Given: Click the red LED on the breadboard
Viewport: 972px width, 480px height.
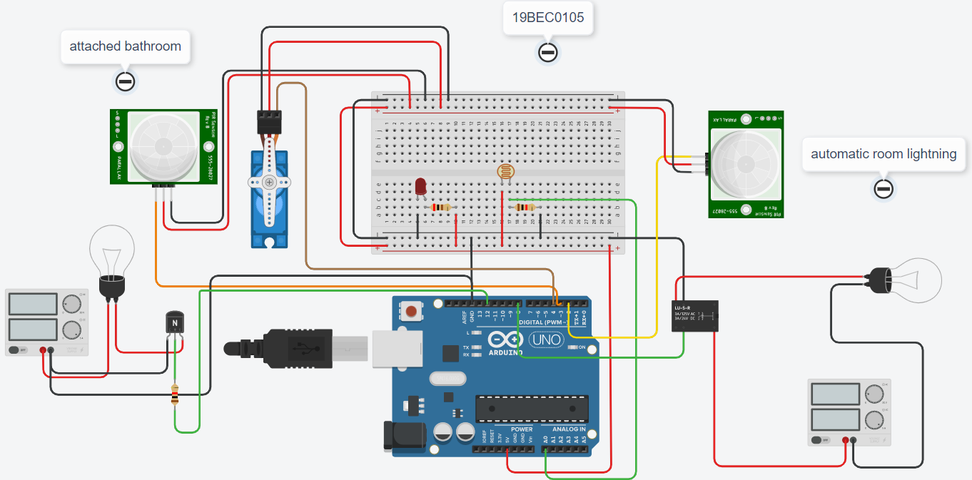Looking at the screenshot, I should (420, 187).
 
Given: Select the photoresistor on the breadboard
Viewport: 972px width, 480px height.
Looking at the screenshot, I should (504, 171).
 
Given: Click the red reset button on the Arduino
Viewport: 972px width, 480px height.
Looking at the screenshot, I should (412, 311).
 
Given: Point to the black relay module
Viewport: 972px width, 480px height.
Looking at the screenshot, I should (694, 315).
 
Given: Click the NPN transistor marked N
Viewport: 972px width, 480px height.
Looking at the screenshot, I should (175, 323).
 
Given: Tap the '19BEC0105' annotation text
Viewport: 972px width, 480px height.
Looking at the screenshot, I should (547, 18).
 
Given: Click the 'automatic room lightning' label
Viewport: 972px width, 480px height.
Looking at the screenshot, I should (884, 154).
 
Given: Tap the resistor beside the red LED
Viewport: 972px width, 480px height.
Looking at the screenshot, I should (442, 208).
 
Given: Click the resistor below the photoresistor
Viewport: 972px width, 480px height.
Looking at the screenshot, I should (525, 208).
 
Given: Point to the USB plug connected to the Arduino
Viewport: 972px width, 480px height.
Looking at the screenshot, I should (300, 349).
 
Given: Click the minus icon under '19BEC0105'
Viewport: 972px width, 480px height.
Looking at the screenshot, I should (547, 52).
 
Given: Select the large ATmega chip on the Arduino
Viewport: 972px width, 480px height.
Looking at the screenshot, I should (532, 407).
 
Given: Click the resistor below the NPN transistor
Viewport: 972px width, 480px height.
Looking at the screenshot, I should (176, 394).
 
